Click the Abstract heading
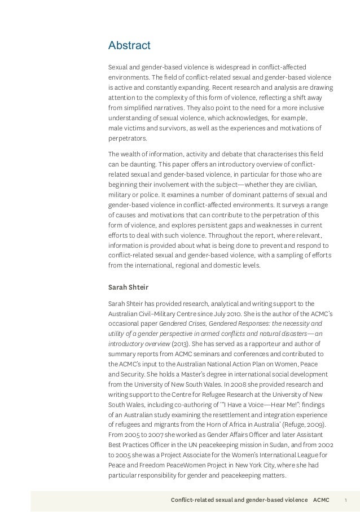tap(129, 45)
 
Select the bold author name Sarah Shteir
tap(128, 287)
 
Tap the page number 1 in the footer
tap(345, 500)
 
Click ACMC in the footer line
tap(321, 500)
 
